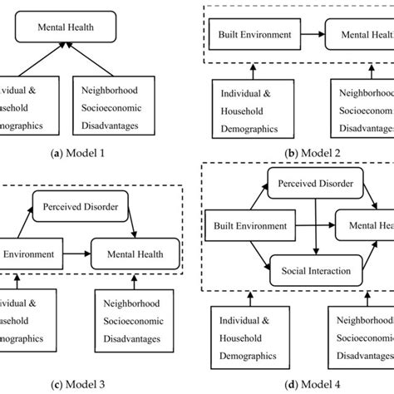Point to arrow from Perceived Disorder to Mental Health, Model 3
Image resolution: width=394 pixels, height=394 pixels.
[133, 221]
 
